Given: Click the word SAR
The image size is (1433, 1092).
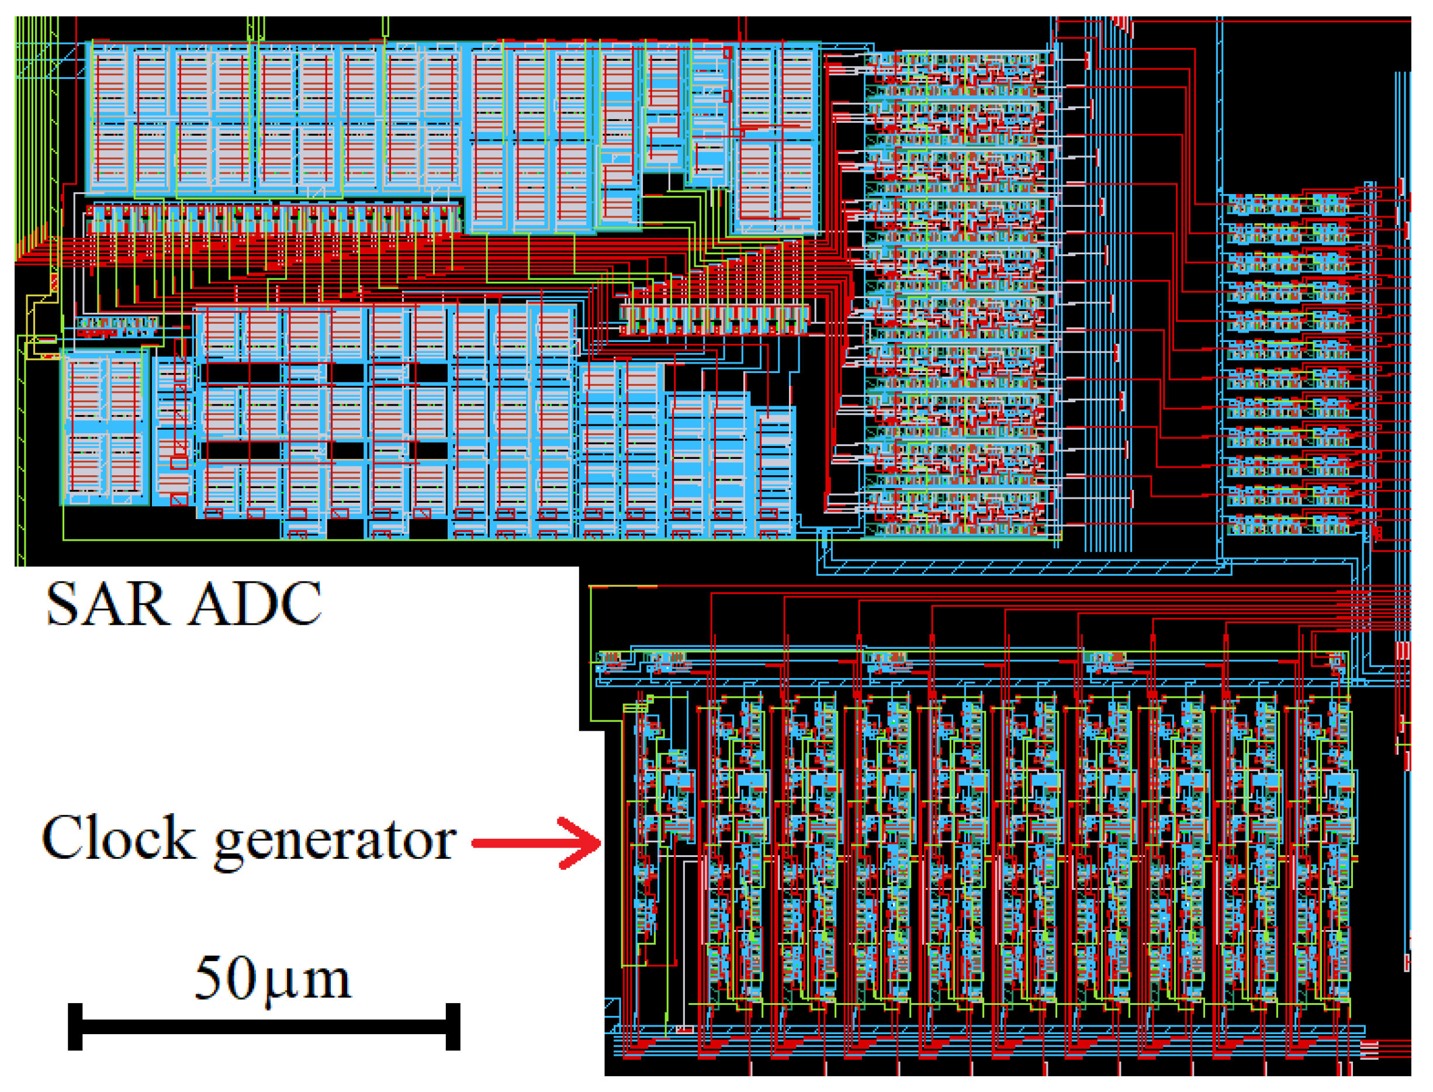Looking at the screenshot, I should tap(106, 604).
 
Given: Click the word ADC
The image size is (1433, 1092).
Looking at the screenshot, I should tap(255, 604).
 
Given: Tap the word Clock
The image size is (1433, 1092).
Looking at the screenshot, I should tap(118, 838).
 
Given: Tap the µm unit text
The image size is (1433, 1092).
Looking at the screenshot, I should tap(308, 982).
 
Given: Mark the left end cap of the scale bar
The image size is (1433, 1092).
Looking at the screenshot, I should tap(75, 1027).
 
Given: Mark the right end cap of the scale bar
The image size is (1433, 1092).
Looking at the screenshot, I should tap(453, 1027).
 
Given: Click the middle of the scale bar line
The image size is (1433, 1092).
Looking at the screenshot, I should tap(264, 1027).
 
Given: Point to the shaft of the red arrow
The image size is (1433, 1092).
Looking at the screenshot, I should tap(513, 844).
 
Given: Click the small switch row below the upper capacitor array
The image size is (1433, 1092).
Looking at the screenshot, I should tap(273, 217).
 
